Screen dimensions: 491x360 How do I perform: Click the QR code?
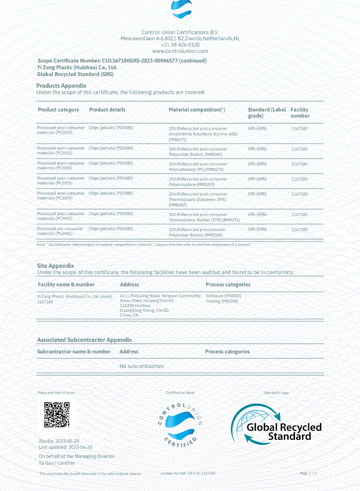[x=56, y=414]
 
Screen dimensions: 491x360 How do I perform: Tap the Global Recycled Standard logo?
[x=277, y=424]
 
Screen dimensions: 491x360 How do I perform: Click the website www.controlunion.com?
[x=180, y=51]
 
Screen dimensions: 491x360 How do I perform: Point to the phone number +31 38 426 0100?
[x=180, y=45]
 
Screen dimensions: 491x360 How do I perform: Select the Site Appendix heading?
[x=55, y=266]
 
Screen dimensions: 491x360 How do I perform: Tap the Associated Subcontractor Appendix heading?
[x=84, y=340]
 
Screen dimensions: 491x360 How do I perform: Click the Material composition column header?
[x=196, y=110]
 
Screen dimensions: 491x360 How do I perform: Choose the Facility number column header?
[x=300, y=113]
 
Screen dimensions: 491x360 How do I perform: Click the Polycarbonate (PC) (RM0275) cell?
[x=198, y=166]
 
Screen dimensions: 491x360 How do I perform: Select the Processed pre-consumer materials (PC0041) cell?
[x=60, y=231]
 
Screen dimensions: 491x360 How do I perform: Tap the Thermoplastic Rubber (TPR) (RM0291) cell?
[x=204, y=218]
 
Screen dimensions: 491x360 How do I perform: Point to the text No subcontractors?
[x=141, y=366]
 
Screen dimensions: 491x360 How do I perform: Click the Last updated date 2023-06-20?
[x=65, y=447]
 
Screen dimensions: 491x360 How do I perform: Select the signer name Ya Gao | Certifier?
[x=57, y=463]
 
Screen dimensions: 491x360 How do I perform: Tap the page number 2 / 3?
[x=308, y=473]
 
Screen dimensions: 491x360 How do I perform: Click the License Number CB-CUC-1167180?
[x=188, y=473]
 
